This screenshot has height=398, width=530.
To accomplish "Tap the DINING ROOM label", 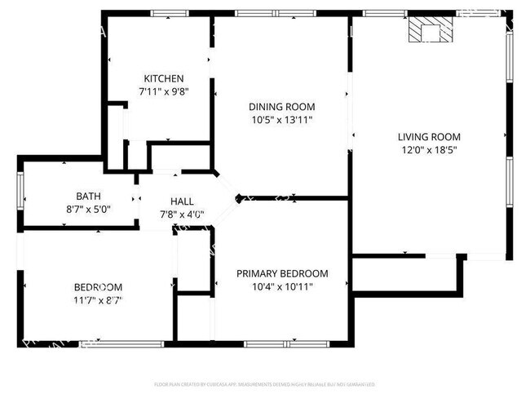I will (281, 107).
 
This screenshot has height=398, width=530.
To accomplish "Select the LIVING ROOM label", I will (429, 136).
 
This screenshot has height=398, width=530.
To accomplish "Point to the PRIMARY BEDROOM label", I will (282, 273).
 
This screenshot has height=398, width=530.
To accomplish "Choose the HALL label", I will (182, 201).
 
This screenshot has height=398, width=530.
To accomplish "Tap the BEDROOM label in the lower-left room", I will (98, 286).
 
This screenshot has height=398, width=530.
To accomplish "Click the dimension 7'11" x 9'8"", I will (165, 91).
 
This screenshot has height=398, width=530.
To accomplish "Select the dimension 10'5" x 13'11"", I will (281, 120).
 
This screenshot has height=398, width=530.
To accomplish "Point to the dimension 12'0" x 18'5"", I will (429, 150).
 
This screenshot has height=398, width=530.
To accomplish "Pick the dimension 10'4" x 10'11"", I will (282, 286).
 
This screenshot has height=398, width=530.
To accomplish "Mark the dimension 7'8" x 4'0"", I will (182, 214).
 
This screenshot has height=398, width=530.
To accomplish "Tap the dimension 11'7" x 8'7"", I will (98, 299).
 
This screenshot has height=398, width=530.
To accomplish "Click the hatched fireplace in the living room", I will (429, 29).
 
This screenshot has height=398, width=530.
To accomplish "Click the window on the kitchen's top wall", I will (170, 13).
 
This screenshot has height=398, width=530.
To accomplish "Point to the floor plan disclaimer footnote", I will (265, 383).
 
